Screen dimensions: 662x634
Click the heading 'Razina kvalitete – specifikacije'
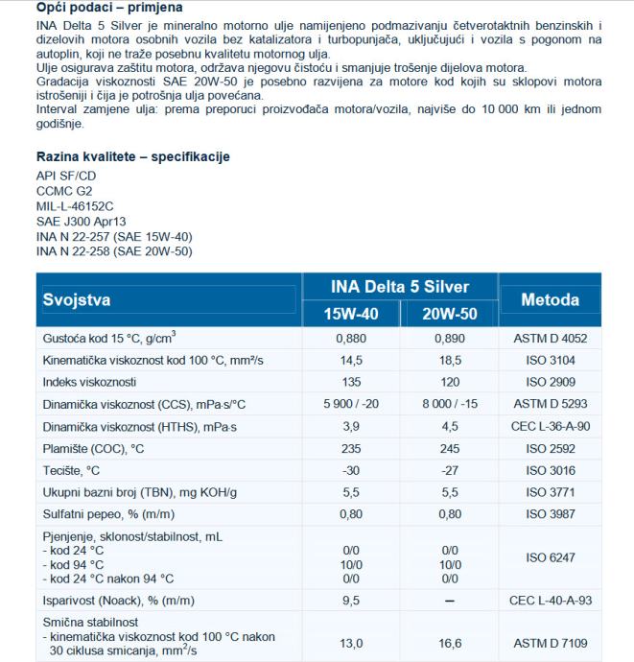click(133, 156)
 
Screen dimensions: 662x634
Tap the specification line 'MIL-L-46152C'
click(75, 204)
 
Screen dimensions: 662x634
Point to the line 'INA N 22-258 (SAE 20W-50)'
click(114, 251)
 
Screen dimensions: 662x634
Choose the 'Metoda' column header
click(550, 299)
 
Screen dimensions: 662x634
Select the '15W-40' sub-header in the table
click(351, 314)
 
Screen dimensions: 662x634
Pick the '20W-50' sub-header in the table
click(449, 314)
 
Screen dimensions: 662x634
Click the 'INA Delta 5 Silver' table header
click(399, 287)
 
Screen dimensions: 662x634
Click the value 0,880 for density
click(351, 338)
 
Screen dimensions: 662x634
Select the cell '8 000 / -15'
click(449, 404)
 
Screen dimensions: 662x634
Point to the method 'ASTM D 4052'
click(551, 338)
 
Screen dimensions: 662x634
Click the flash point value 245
click(449, 448)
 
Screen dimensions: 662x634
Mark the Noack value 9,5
click(351, 600)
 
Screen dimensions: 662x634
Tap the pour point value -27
click(449, 470)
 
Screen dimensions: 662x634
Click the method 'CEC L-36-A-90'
click(551, 426)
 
